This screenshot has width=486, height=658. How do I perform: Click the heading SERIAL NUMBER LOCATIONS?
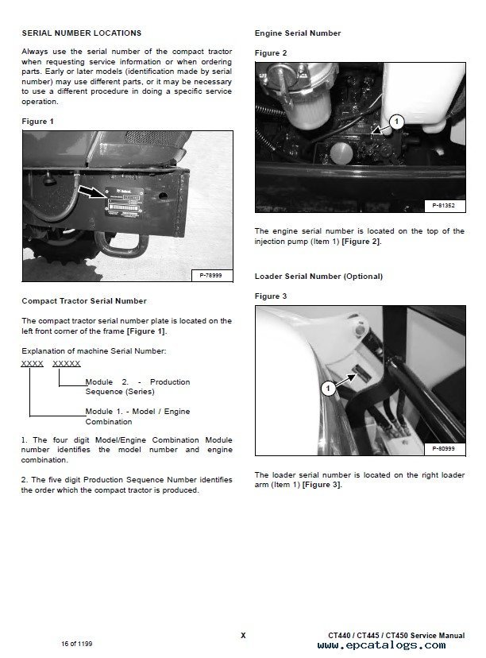pos(82,33)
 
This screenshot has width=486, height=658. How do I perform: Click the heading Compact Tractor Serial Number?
pos(84,301)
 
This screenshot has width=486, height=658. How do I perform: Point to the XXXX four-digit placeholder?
pos(33,363)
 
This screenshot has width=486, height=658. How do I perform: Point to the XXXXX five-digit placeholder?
pos(67,363)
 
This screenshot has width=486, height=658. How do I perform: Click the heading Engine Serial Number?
pos(298,33)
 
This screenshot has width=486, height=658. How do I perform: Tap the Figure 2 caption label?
pos(271,53)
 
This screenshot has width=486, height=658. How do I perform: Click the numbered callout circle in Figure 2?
pos(398,122)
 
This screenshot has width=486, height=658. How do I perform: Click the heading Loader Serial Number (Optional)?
pos(318,277)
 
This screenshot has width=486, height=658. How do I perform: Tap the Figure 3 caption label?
pos(271,296)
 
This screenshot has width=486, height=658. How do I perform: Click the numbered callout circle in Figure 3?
pos(327,388)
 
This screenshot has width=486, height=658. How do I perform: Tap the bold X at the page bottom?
pos(243,635)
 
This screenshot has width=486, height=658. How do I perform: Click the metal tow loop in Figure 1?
pos(118,242)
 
